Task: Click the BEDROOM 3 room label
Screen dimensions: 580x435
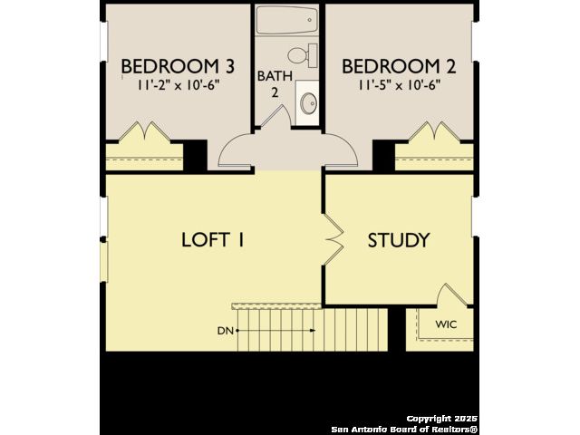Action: click(x=178, y=66)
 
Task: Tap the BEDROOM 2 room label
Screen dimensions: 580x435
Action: click(x=399, y=66)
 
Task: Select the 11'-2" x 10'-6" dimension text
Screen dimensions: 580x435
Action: click(x=179, y=85)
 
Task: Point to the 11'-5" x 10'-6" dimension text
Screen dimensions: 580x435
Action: click(x=399, y=85)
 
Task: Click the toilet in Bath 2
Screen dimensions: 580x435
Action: click(x=303, y=55)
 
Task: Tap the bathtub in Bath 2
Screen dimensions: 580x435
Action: click(x=287, y=20)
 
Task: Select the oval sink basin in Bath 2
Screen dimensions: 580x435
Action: click(x=308, y=103)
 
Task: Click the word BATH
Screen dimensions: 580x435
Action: click(x=275, y=76)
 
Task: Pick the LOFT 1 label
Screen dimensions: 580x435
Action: click(x=213, y=239)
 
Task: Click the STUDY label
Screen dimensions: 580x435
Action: click(x=399, y=240)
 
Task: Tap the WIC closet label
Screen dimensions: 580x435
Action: click(x=446, y=324)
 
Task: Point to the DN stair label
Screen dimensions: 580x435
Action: click(x=226, y=331)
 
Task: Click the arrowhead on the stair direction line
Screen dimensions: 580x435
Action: click(x=313, y=330)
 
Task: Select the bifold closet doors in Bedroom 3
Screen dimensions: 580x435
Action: click(x=144, y=131)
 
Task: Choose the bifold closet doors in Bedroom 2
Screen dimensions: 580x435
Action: click(x=434, y=131)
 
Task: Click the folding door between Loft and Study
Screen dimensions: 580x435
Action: click(x=334, y=239)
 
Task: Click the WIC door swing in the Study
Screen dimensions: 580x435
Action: click(x=450, y=294)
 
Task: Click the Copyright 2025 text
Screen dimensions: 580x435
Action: click(x=442, y=419)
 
